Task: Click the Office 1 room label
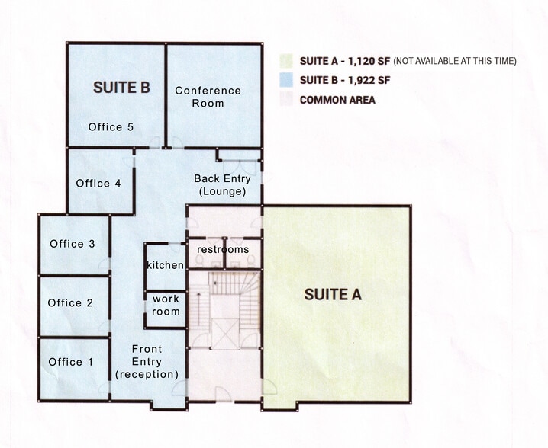point(70,362)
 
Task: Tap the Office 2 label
point(70,303)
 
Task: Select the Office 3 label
point(73,244)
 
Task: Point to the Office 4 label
point(98,183)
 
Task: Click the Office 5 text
point(111,126)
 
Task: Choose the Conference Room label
point(208,97)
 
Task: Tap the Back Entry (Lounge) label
point(221,185)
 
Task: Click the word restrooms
point(223,250)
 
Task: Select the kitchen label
point(166,265)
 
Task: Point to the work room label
point(166,306)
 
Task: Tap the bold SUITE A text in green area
point(333,294)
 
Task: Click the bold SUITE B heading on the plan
point(121,87)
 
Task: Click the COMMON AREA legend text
point(337,100)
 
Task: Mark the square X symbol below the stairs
point(226,333)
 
